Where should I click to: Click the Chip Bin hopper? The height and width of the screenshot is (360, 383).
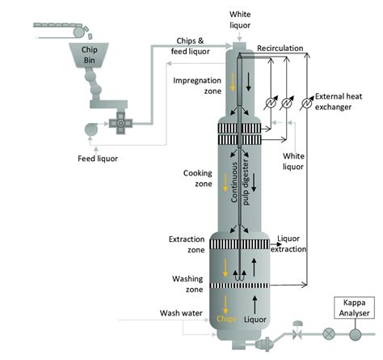(89, 55)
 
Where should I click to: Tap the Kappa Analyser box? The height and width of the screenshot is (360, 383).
(354, 307)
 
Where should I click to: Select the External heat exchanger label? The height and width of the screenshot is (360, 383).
(339, 102)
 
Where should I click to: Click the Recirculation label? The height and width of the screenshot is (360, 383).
(280, 49)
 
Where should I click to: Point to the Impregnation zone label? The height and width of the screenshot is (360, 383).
(197, 86)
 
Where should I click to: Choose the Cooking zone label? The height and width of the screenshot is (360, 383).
(198, 178)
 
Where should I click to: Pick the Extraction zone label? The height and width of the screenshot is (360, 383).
(187, 244)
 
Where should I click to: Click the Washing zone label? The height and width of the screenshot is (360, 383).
(187, 284)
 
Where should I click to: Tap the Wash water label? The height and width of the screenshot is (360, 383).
(181, 313)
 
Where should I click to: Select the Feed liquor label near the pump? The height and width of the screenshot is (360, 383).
(98, 159)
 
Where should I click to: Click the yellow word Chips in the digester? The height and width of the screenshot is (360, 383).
(226, 319)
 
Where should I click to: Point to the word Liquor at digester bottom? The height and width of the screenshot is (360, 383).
(255, 320)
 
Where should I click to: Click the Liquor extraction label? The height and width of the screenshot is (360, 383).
(288, 244)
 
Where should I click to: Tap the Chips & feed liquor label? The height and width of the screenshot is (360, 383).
(191, 46)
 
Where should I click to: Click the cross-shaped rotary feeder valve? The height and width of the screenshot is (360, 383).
(120, 123)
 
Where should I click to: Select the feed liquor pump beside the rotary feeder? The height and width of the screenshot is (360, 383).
(91, 129)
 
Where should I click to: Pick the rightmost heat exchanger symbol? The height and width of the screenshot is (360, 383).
(306, 103)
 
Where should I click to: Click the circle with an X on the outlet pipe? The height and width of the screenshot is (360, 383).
(329, 334)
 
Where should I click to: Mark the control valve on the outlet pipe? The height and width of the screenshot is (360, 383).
(297, 330)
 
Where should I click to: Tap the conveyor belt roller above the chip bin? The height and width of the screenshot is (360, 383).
(78, 32)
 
